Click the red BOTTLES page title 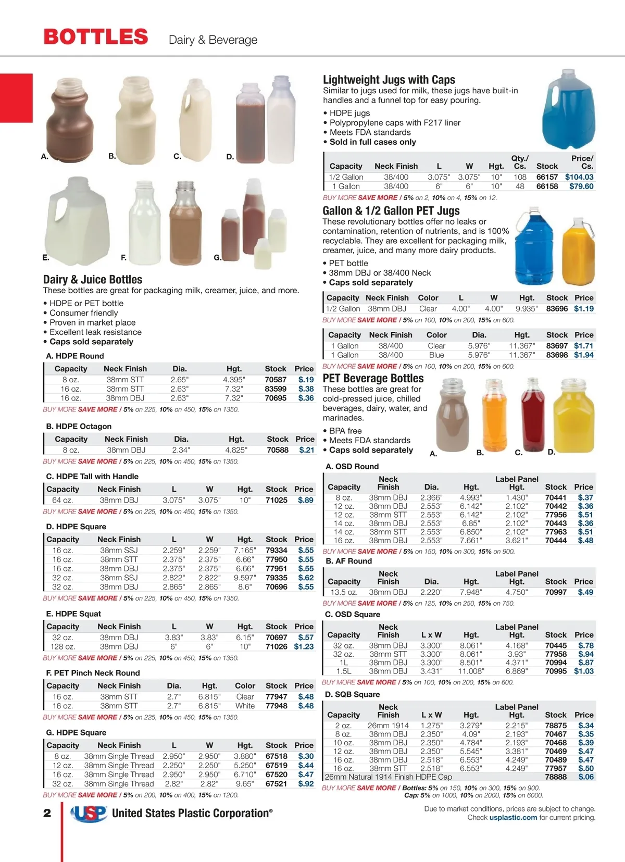(96, 37)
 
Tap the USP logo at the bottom (89, 813)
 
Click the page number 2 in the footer (47, 813)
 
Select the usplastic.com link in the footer (513, 817)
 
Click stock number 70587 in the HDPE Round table (276, 380)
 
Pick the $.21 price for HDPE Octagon (306, 450)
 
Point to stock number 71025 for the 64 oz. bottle (276, 500)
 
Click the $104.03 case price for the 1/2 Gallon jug (579, 177)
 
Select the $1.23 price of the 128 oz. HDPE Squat (304, 646)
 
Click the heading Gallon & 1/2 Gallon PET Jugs (391, 211)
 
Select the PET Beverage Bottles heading (373, 379)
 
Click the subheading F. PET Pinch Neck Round (93, 673)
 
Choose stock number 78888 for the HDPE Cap (556, 777)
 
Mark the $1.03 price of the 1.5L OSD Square (584, 671)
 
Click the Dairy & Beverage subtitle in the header (213, 40)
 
